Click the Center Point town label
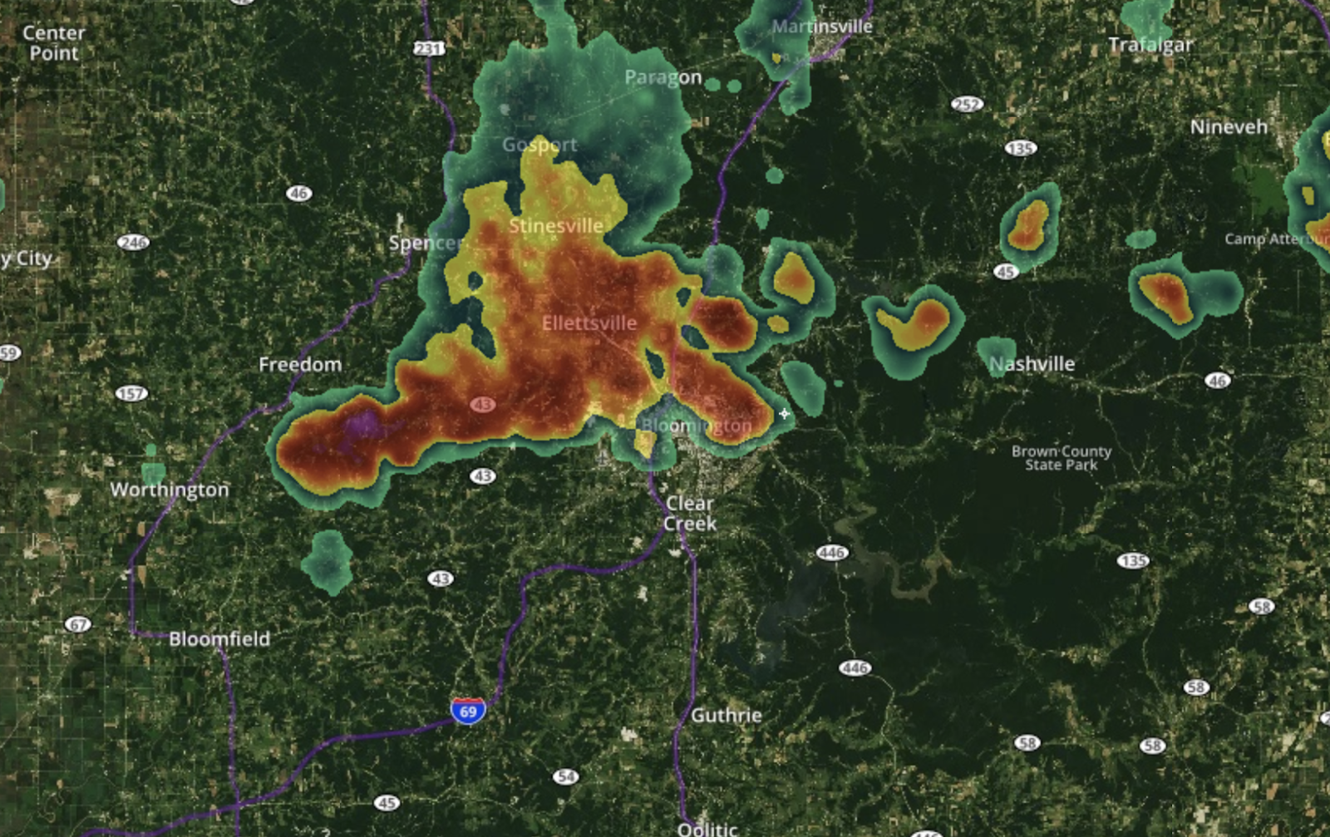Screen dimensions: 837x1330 click(54, 43)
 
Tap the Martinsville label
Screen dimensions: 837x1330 click(821, 27)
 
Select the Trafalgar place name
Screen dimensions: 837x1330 click(1150, 45)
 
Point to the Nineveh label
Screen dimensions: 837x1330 click(1229, 127)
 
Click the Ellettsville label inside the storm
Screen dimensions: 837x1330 click(589, 323)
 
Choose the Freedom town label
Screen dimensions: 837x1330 click(300, 365)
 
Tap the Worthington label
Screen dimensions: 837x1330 click(170, 490)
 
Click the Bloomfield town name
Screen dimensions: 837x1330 click(219, 639)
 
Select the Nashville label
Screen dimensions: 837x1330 click(1032, 364)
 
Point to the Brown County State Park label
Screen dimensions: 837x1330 click(1061, 458)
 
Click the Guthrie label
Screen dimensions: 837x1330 click(726, 716)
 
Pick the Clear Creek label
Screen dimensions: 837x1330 click(689, 514)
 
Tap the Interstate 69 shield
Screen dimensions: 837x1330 click(468, 711)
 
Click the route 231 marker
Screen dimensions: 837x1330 click(429, 49)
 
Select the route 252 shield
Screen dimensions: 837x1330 click(967, 105)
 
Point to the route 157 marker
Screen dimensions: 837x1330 click(131, 394)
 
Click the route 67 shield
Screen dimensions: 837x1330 click(77, 625)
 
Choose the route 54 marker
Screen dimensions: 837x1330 click(566, 777)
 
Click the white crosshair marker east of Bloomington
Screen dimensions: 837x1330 click(784, 414)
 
